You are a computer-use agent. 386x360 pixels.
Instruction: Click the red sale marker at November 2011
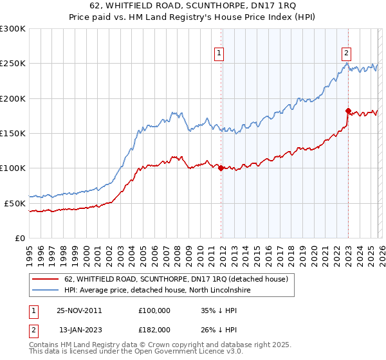221,168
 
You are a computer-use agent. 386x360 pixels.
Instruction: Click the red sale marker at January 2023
348,111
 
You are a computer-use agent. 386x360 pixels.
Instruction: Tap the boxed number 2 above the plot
346,53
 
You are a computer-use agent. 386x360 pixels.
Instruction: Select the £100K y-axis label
13,168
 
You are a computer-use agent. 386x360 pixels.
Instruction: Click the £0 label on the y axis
19,238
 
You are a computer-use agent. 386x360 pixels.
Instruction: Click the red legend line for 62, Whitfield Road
45,279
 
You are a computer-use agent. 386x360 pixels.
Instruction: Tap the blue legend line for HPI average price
45,291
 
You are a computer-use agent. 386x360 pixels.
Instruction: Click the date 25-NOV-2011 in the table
79,310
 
